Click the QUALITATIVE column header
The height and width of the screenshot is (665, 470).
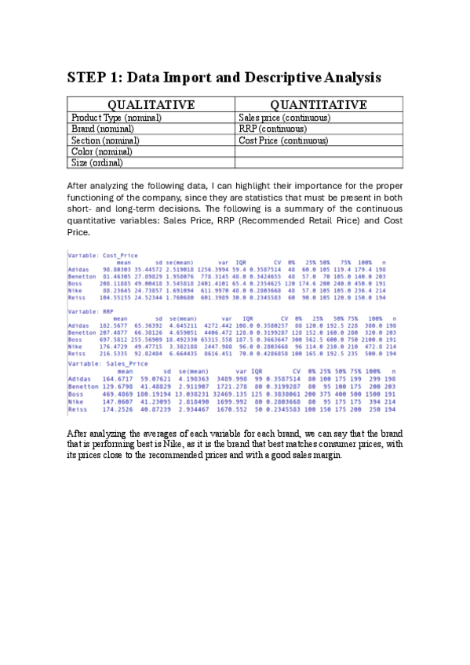(x=151, y=105)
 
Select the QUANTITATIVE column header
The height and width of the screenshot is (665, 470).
(x=319, y=105)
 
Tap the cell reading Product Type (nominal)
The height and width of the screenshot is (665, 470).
(x=116, y=118)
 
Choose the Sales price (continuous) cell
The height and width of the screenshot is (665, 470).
(x=284, y=118)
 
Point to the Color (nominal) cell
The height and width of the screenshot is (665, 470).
(x=100, y=151)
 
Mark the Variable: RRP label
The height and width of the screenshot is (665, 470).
(x=86, y=310)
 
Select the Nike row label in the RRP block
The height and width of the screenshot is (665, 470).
(x=75, y=345)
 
